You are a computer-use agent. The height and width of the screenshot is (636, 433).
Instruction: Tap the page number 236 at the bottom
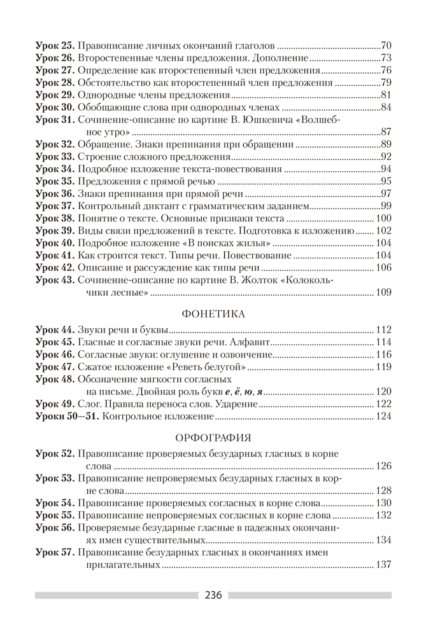click(213, 596)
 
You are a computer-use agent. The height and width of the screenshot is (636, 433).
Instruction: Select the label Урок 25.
click(55, 46)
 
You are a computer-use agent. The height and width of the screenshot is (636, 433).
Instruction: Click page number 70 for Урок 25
click(385, 46)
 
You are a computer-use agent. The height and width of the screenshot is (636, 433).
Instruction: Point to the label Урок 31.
click(55, 119)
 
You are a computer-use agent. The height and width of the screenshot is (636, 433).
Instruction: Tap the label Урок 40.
click(55, 243)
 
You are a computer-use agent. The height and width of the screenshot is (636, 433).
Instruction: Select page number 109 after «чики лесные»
click(383, 293)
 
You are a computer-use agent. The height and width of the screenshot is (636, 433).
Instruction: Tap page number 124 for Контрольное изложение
click(383, 417)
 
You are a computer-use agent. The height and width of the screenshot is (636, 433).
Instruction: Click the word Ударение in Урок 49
click(237, 404)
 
